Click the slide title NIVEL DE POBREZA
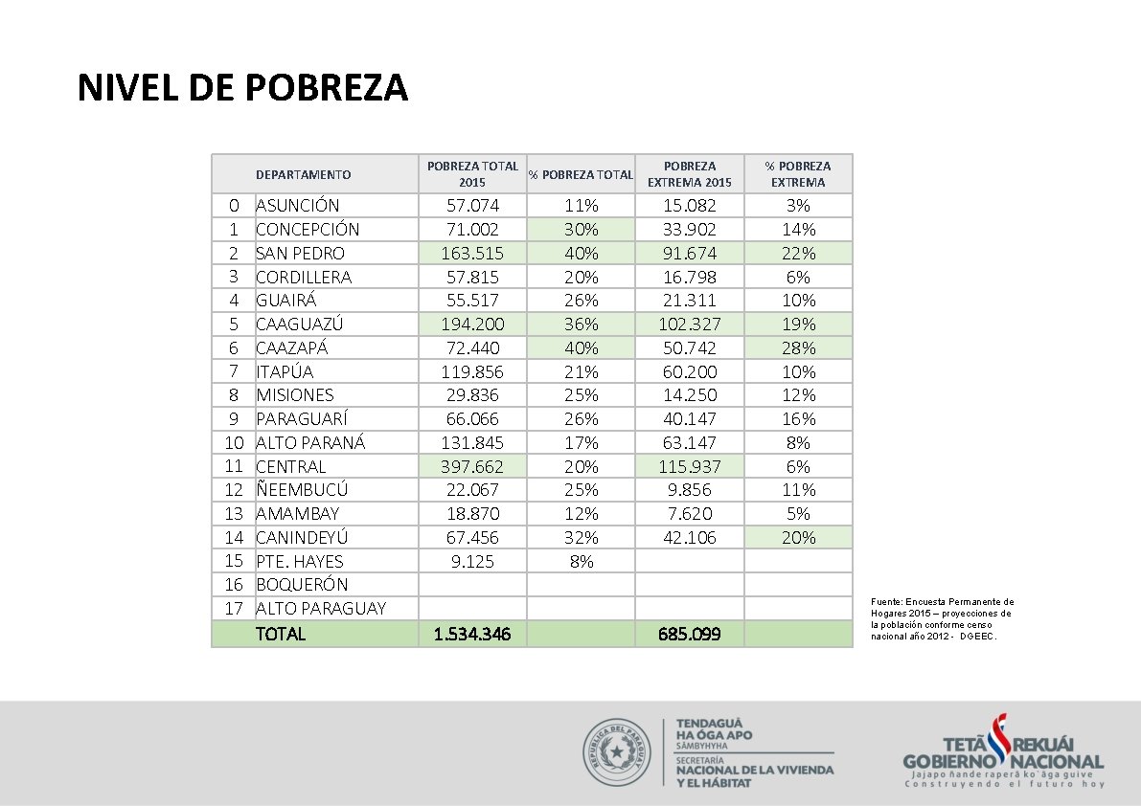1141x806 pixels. point(242,88)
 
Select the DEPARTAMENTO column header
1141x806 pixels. point(303,174)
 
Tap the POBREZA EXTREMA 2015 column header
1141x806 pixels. point(689,174)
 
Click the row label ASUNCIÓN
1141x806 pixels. point(297,206)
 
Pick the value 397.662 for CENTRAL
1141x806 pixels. point(472,467)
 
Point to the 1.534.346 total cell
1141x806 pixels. point(472,634)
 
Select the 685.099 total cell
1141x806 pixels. point(689,634)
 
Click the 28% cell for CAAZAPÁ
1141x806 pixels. point(798,348)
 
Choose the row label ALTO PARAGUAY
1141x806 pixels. point(320,609)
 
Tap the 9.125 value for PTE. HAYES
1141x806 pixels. point(472,562)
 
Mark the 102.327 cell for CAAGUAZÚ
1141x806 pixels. point(689,325)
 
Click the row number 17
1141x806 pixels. point(234,609)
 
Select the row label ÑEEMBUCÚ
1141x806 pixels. point(301,490)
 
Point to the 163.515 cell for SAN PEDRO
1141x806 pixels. point(472,254)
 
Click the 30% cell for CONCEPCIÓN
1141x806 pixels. point(581,230)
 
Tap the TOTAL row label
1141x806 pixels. point(280,634)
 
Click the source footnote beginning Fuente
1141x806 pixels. point(941,619)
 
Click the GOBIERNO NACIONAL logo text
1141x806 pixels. point(1003,761)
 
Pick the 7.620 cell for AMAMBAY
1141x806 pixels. point(689,514)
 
